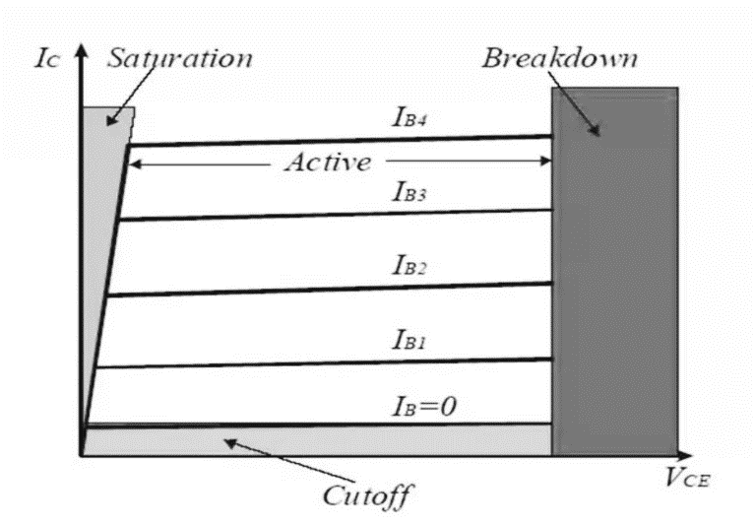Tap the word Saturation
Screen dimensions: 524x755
[180, 58]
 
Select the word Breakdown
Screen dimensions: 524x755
[559, 58]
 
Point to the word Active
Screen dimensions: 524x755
[328, 163]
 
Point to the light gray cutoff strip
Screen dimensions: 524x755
[315, 440]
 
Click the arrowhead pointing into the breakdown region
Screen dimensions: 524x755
[598, 131]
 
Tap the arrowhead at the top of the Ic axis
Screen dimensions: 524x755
[82, 50]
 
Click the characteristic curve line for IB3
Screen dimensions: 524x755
[335, 214]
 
